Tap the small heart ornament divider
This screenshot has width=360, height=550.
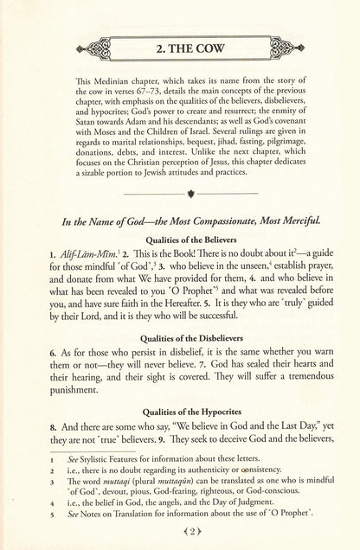pyautogui.click(x=179, y=209)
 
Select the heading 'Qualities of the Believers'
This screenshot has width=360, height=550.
pyautogui.click(x=179, y=259)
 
